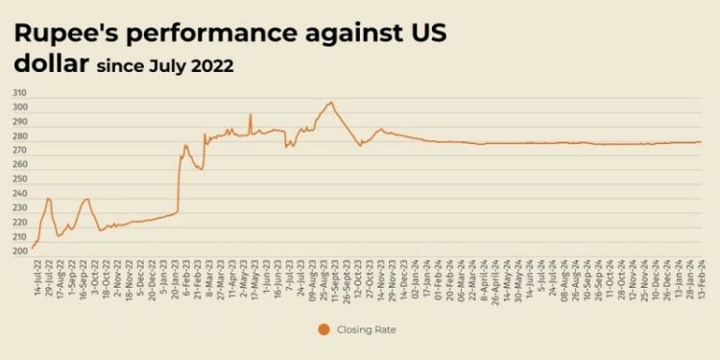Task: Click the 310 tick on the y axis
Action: click(x=19, y=93)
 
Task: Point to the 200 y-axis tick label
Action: click(x=19, y=252)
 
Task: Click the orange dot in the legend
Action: click(x=322, y=329)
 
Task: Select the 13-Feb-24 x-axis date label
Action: click(x=701, y=277)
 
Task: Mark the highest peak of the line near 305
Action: click(x=330, y=102)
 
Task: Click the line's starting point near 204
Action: click(x=33, y=248)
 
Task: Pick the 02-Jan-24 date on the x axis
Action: click(x=414, y=277)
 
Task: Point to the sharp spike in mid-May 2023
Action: click(x=251, y=114)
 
